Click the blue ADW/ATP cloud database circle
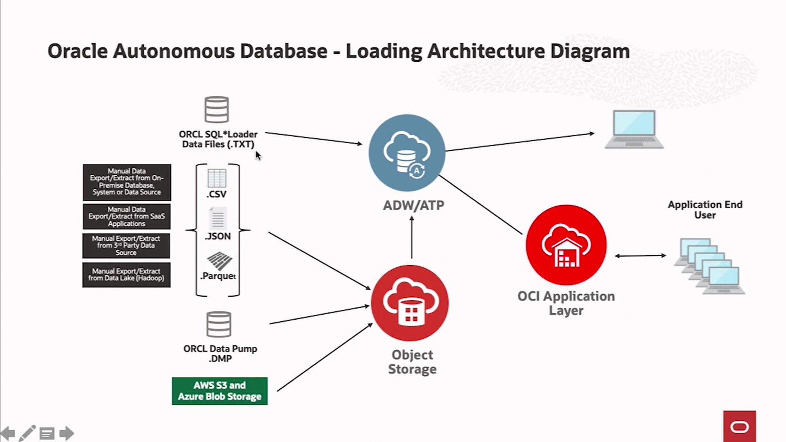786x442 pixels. pyautogui.click(x=407, y=153)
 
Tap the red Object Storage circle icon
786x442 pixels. pyautogui.click(x=410, y=303)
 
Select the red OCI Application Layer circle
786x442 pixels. pyautogui.click(x=566, y=245)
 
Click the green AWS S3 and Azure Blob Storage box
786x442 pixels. pyautogui.click(x=220, y=391)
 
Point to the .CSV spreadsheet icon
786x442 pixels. pyautogui.click(x=217, y=178)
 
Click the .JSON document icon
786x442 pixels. pyautogui.click(x=217, y=218)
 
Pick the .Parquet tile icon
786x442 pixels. pyautogui.click(x=219, y=261)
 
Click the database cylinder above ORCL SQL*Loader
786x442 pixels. pyautogui.click(x=217, y=110)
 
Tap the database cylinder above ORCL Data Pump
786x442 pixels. pyautogui.click(x=219, y=324)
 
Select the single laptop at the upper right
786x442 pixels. pyautogui.click(x=634, y=129)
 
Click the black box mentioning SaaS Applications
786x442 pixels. pyautogui.click(x=126, y=216)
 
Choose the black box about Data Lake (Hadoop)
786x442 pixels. pyautogui.click(x=126, y=275)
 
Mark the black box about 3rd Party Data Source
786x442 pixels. pyautogui.click(x=126, y=246)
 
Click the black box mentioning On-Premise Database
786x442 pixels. pyautogui.click(x=127, y=182)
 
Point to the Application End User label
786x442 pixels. pyautogui.click(x=705, y=210)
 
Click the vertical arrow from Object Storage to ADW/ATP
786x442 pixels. pyautogui.click(x=411, y=237)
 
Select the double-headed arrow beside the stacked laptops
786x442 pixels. pyautogui.click(x=640, y=256)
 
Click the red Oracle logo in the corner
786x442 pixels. pyautogui.click(x=739, y=427)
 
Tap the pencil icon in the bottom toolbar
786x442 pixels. pyautogui.click(x=27, y=433)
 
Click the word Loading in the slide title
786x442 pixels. pyautogui.click(x=384, y=52)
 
